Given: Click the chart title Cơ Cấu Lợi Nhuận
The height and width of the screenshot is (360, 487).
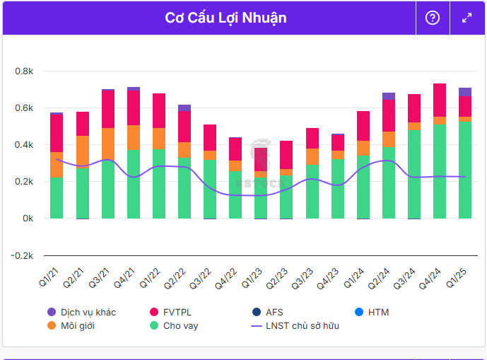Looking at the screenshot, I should [x=225, y=18].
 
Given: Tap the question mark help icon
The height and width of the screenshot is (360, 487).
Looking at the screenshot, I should [x=433, y=18].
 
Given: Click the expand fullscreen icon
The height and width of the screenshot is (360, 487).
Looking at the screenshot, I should [x=467, y=18].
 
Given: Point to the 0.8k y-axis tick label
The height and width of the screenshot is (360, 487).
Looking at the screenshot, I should [x=24, y=71].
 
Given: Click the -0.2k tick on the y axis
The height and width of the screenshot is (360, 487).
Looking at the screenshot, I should [x=23, y=255].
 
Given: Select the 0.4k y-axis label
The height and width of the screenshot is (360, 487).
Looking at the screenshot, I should [x=24, y=145].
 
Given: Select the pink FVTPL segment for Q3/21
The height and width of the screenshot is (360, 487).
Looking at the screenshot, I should [x=107, y=109].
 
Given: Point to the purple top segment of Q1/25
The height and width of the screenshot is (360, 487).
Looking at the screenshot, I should [x=464, y=91].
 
